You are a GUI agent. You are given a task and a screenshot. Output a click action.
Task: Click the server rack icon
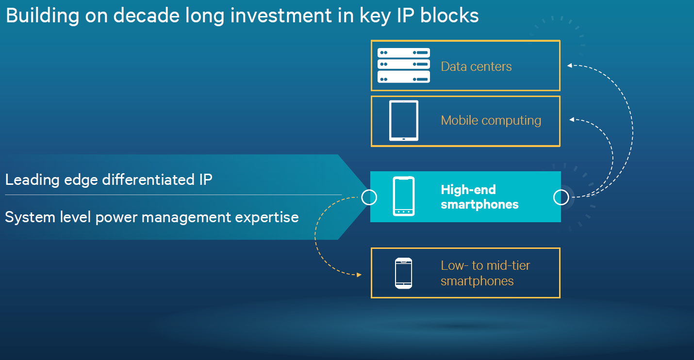(x=404, y=65)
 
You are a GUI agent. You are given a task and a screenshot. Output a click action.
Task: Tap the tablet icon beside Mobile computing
(x=403, y=120)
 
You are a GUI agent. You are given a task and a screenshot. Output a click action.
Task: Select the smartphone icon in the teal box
(x=403, y=196)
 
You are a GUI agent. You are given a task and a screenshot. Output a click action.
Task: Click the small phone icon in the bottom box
(x=403, y=273)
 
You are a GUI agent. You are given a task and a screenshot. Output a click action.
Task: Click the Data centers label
(x=476, y=66)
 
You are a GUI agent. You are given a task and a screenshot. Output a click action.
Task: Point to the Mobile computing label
(x=491, y=120)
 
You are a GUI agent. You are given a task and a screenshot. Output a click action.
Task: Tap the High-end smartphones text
(x=479, y=197)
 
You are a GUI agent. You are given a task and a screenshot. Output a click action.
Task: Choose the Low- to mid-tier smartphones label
(x=485, y=273)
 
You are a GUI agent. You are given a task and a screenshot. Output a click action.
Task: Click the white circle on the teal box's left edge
(x=369, y=197)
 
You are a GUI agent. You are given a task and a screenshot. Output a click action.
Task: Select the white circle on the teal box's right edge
(x=561, y=197)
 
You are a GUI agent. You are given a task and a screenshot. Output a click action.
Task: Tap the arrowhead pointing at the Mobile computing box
(x=572, y=119)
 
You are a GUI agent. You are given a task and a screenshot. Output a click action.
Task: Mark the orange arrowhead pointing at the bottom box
(x=359, y=275)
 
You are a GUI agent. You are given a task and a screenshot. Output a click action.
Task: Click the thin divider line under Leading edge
(x=173, y=195)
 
